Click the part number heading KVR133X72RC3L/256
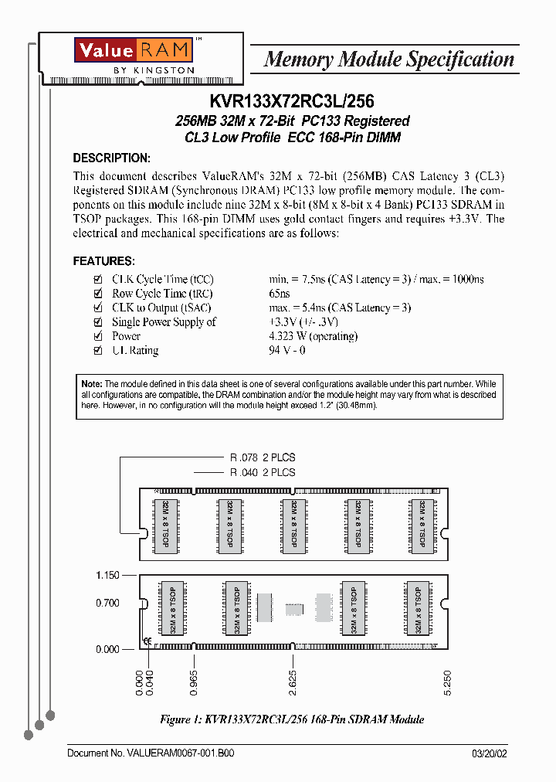click(292, 100)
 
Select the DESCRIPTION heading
click(111, 158)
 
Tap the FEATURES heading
click(103, 261)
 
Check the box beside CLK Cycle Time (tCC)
click(97, 279)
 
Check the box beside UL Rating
click(97, 350)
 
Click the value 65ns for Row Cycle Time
click(280, 294)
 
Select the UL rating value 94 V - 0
click(287, 350)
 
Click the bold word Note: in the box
click(92, 384)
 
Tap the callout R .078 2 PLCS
click(263, 457)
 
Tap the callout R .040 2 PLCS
click(263, 472)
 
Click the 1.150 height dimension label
click(107, 576)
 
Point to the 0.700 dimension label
click(107, 603)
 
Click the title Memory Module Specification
click(388, 59)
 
